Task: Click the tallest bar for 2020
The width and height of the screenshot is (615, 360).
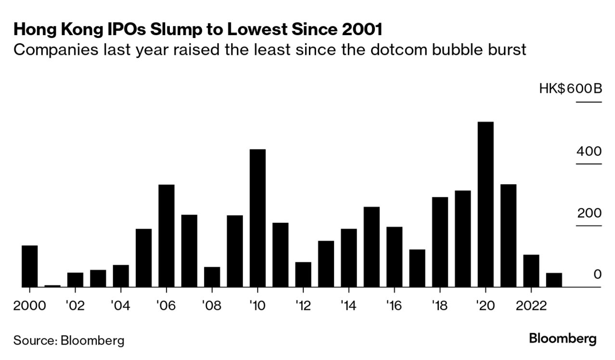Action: click(486, 205)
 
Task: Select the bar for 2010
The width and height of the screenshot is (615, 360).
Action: click(258, 218)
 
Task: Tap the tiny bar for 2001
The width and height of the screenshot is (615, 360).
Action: click(52, 286)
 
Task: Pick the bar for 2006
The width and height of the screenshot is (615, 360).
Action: click(167, 236)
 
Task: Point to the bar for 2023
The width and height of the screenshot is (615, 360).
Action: click(554, 280)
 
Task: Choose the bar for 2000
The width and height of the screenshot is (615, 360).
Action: click(30, 266)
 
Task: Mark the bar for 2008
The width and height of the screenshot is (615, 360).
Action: click(212, 277)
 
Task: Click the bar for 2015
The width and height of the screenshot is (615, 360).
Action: click(372, 247)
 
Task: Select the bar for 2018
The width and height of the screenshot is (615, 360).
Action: click(440, 242)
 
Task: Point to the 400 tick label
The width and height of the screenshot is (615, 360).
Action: click(589, 152)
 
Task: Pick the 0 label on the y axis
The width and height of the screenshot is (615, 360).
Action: click(597, 274)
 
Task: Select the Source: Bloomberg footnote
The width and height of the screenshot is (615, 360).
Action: click(69, 341)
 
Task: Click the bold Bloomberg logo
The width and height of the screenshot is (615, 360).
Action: click(563, 338)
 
